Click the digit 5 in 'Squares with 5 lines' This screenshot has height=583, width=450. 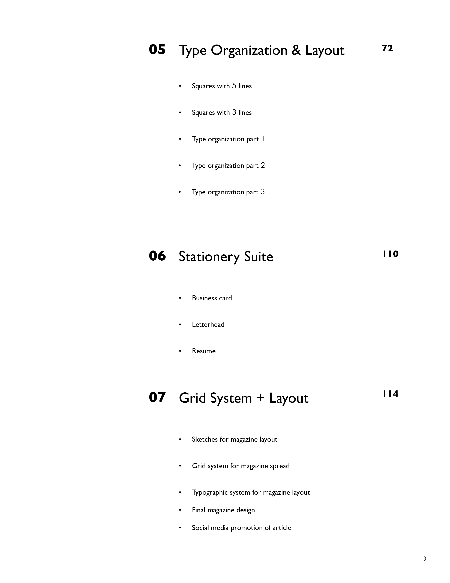[234, 86]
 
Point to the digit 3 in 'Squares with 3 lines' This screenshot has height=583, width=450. [234, 112]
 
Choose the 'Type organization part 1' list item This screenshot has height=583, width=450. [228, 139]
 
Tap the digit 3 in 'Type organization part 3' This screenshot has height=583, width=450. [263, 192]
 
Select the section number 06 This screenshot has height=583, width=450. [157, 256]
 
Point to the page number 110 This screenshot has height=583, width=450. [391, 254]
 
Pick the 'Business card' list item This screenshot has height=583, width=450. [212, 298]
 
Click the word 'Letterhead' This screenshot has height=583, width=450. [208, 324]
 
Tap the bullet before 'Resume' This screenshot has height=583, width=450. [180, 351]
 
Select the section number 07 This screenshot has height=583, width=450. [157, 397]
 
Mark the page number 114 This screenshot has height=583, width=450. [391, 394]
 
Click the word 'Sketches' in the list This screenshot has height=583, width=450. [205, 439]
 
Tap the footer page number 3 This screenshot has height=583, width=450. [425, 558]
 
